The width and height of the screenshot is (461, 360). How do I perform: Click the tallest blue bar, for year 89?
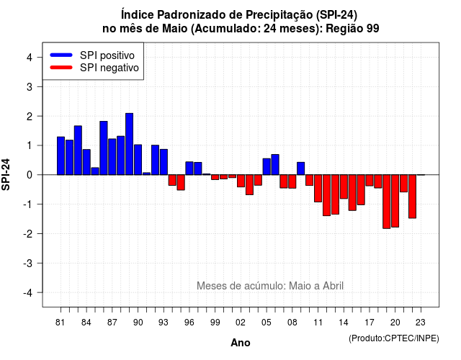[x=130, y=144]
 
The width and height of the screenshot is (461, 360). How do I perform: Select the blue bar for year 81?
[x=61, y=156]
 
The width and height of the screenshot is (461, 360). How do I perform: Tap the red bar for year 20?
[x=395, y=201]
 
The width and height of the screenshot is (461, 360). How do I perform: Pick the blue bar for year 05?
[x=267, y=166]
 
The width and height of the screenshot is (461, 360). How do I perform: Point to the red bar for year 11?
[x=318, y=189]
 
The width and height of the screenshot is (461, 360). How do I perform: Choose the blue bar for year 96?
[x=189, y=168]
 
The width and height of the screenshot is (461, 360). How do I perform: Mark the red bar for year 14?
[x=344, y=186]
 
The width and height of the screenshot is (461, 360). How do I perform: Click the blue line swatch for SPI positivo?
[x=61, y=55]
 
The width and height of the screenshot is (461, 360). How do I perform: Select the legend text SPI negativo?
[x=109, y=68]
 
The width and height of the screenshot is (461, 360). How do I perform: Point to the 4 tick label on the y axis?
[x=30, y=58]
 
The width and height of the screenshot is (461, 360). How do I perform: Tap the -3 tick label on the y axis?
[x=27, y=264]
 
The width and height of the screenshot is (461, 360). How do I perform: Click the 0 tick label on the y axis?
[x=30, y=175]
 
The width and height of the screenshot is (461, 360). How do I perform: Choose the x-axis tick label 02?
[x=241, y=323]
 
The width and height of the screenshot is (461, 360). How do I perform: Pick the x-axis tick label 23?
[x=421, y=323]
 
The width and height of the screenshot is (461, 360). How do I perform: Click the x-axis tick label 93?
[x=164, y=323]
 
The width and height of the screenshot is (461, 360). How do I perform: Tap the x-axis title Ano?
[x=241, y=343]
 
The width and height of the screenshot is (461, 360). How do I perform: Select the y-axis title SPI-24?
[x=6, y=175]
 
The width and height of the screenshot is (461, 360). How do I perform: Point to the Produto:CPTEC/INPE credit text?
[x=394, y=338]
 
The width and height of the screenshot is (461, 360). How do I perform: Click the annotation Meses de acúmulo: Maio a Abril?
[x=270, y=286]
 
